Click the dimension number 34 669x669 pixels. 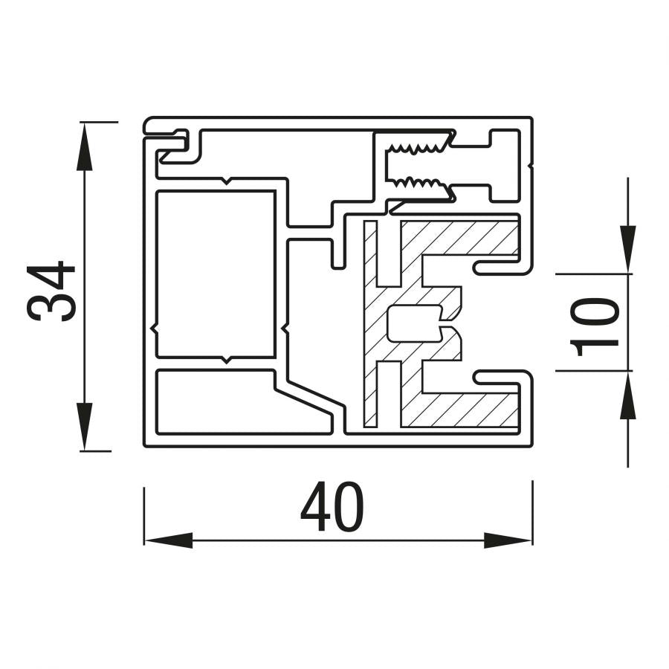pyautogui.click(x=51, y=291)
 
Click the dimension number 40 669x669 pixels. pyautogui.click(x=332, y=506)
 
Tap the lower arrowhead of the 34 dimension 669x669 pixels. pyautogui.click(x=85, y=426)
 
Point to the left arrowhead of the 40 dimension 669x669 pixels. pyautogui.click(x=169, y=540)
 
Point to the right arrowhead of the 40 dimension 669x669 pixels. pyautogui.click(x=508, y=540)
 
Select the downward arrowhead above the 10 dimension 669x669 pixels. pyautogui.click(x=628, y=249)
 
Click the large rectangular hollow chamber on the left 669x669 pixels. pyautogui.click(x=216, y=274)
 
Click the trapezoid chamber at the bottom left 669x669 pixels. pyautogui.click(x=244, y=402)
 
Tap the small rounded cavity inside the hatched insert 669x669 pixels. pyautogui.click(x=414, y=323)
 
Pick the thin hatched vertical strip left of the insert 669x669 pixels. pyautogui.click(x=369, y=323)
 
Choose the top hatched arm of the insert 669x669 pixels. pyautogui.click(x=460, y=238)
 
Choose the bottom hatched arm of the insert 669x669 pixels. pyautogui.click(x=460, y=410)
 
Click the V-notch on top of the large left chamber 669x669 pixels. pyautogui.click(x=227, y=181)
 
